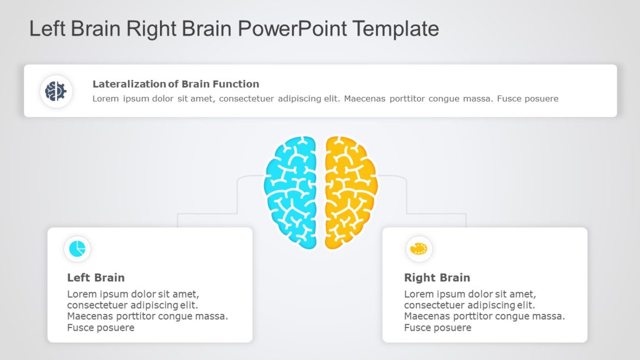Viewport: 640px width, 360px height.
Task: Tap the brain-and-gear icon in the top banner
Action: point(56,91)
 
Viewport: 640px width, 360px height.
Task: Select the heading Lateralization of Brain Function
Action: point(176,84)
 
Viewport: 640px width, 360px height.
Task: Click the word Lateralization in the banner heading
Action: point(129,84)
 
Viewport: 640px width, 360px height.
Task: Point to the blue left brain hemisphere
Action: point(291,192)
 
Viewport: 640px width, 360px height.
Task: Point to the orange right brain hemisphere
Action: point(350,192)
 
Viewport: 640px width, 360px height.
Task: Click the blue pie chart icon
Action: point(77,249)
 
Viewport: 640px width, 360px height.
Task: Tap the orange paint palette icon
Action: point(419,249)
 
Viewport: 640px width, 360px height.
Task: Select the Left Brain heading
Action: point(96,278)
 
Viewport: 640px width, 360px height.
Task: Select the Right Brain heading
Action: point(437,278)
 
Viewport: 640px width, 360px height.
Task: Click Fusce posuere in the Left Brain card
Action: point(100,327)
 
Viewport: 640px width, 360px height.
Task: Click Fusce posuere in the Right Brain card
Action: point(438,327)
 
